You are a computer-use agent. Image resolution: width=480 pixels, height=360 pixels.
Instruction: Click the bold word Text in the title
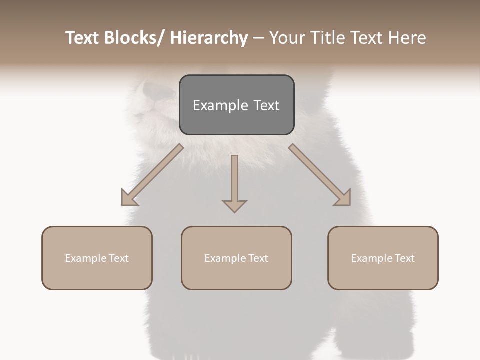82,38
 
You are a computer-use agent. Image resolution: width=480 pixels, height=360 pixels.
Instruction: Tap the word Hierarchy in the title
209,38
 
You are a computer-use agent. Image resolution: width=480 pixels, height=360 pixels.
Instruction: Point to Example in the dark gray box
214,106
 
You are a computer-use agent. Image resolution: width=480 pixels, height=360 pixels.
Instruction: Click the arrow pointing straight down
234,183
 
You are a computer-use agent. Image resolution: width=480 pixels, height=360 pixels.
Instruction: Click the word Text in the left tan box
119,258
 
